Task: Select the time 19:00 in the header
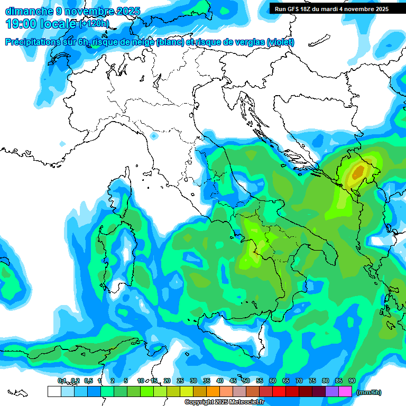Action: pyautogui.click(x=21, y=23)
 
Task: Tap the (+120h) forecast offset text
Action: pyautogui.click(x=94, y=23)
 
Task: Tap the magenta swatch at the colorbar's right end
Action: pyautogui.click(x=345, y=392)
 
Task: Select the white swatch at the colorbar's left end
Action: pyautogui.click(x=54, y=392)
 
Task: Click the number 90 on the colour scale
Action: pyautogui.click(x=352, y=381)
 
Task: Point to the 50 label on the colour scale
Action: pyautogui.click(x=246, y=381)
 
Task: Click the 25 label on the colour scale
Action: pyautogui.click(x=180, y=381)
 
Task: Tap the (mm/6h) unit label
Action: pyautogui.click(x=368, y=392)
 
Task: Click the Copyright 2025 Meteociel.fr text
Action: pyautogui.click(x=224, y=402)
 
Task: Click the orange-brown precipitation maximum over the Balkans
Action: pyautogui.click(x=358, y=172)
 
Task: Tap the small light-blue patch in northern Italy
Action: pyautogui.click(x=154, y=136)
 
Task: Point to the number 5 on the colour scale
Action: pyautogui.click(x=126, y=381)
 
